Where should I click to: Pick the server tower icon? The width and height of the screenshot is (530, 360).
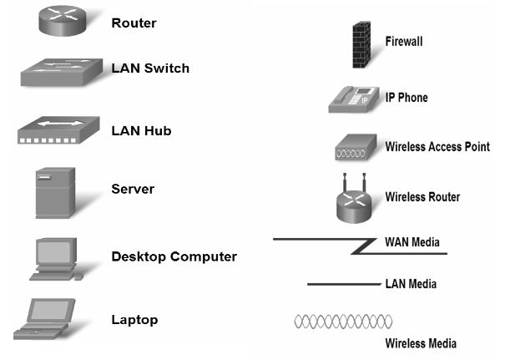pyautogui.click(x=55, y=193)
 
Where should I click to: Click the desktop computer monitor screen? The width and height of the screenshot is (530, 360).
pyautogui.click(x=55, y=251)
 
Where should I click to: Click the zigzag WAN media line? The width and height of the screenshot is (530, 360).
pyautogui.click(x=359, y=246)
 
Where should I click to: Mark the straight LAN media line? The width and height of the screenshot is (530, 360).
pyautogui.click(x=343, y=285)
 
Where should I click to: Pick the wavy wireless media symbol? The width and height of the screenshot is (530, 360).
pyautogui.click(x=343, y=322)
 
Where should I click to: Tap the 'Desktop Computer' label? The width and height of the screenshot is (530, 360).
pyautogui.click(x=174, y=257)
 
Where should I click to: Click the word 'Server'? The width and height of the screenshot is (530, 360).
pyautogui.click(x=133, y=190)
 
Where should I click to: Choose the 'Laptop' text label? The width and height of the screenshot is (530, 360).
pyautogui.click(x=134, y=320)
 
